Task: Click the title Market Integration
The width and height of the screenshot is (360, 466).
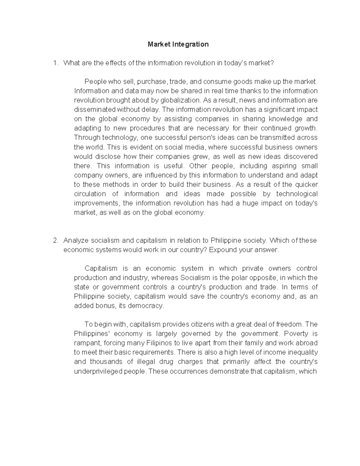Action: coord(178,44)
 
